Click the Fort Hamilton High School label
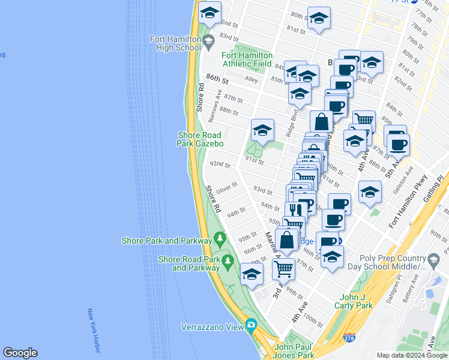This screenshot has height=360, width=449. pos(175,43)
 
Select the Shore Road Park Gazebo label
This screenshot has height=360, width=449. pos(200,139)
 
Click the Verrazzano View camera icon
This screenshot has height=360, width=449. pos(251,326)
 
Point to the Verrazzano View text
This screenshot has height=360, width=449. pos(212,327)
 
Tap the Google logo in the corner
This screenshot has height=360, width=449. pos(20,353)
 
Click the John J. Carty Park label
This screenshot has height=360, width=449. pos(357,301)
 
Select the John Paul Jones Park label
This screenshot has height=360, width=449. pos(294,351)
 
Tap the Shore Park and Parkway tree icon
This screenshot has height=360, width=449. pos(220,238)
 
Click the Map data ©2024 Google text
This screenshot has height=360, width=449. pos(412,355)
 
